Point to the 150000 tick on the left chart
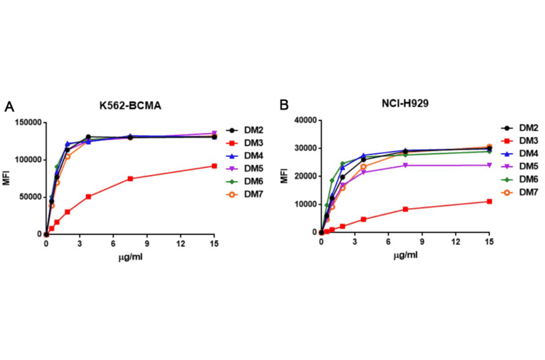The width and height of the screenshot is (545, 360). tap(25, 122)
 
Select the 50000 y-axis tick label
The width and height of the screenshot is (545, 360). tap(28, 197)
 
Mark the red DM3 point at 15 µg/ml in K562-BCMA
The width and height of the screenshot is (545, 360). tap(214, 166)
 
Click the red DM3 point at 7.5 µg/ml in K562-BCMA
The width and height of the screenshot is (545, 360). tap(130, 179)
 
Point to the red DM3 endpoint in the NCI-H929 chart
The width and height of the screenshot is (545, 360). tap(489, 201)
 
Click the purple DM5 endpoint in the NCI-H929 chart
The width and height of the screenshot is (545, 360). tap(489, 165)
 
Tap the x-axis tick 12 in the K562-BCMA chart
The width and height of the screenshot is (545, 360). tap(180, 244)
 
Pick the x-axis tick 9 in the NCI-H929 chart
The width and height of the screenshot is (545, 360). tap(422, 242)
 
